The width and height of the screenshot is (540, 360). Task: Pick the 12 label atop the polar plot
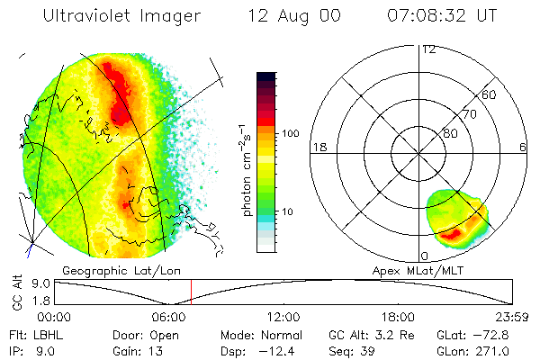coord(429,49)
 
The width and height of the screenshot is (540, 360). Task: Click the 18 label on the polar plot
coord(319,147)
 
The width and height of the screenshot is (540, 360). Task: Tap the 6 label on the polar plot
coord(523,147)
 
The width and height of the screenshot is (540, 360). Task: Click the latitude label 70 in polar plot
coord(469,115)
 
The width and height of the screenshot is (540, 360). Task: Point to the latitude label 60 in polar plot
coord(489,94)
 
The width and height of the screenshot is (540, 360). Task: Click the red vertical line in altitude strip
coord(191,291)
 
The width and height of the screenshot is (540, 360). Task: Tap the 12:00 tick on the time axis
coord(284,317)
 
